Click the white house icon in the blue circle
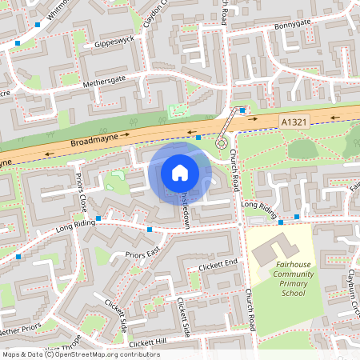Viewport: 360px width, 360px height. tap(180, 172)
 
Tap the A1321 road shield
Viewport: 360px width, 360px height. tap(294, 120)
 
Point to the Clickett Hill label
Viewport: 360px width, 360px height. tap(146, 342)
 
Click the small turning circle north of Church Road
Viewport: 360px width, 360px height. tap(222, 142)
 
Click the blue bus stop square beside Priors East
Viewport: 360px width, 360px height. tap(149, 230)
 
